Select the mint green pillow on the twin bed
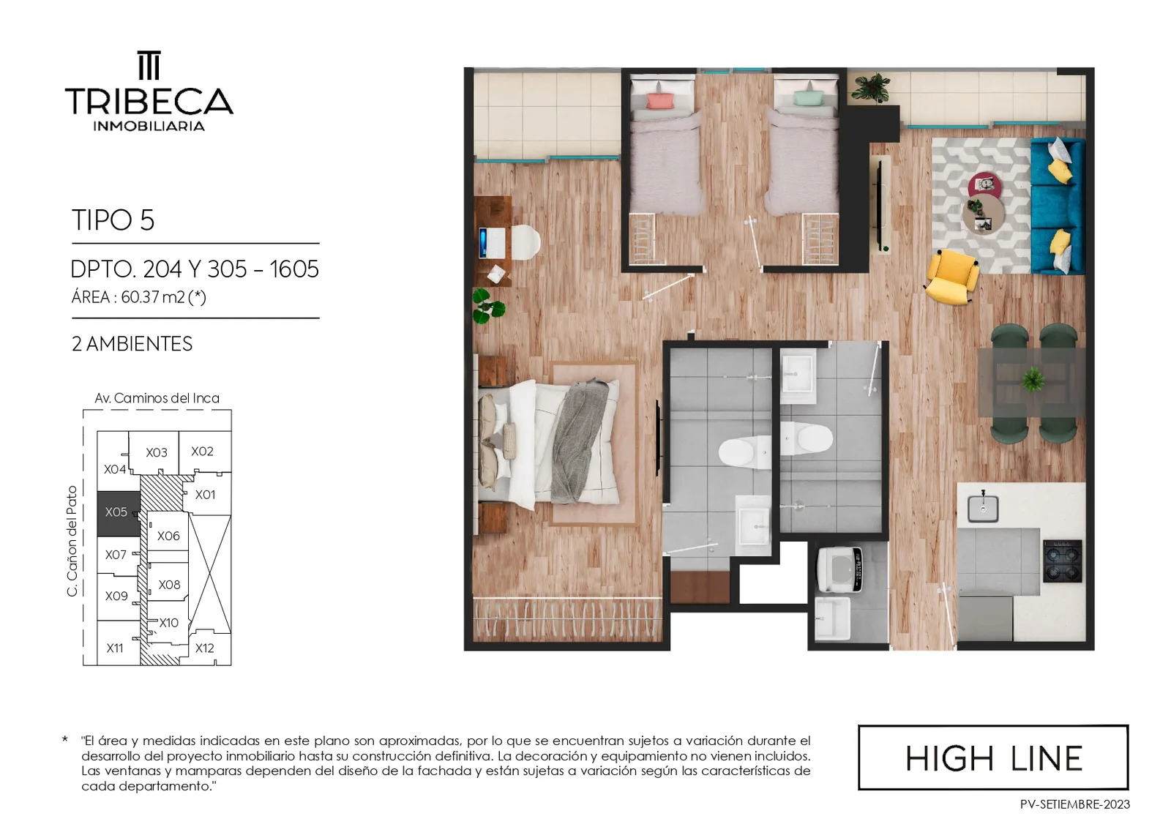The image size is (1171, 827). click(807, 98)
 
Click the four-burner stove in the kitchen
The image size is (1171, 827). click(1062, 561)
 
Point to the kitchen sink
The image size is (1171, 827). click(983, 508)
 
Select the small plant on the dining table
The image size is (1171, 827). click(1033, 378)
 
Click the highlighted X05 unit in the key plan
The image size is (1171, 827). click(119, 513)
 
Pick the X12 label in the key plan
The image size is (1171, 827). click(204, 648)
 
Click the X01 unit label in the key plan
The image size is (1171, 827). click(205, 495)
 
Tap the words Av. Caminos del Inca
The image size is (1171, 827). click(157, 398)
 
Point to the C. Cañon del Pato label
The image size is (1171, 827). click(72, 541)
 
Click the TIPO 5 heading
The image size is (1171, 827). click(113, 220)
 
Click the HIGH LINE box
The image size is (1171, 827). click(993, 757)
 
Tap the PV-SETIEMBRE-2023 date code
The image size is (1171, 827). click(1075, 804)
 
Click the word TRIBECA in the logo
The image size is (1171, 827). click(149, 101)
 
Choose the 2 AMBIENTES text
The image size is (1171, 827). click(132, 344)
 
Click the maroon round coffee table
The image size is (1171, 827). click(985, 186)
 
